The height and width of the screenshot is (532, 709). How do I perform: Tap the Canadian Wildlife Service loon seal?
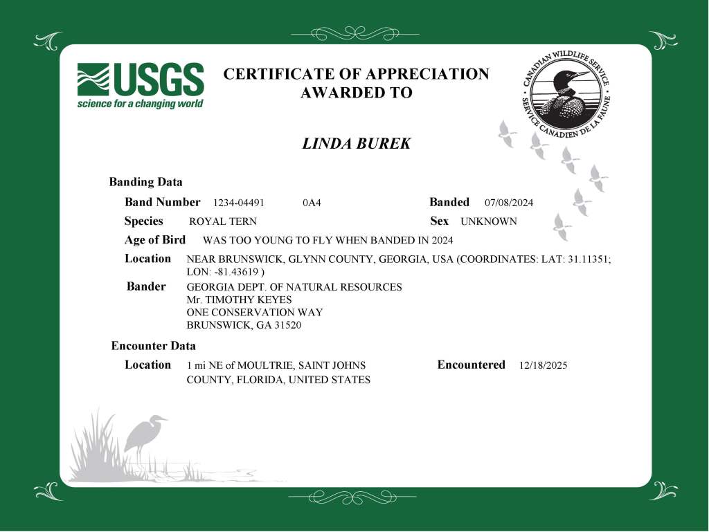tap(566, 95)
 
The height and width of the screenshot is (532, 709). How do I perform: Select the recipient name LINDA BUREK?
tap(357, 144)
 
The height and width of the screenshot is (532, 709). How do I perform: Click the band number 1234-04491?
tap(239, 203)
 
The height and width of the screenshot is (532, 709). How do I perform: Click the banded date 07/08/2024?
tap(509, 203)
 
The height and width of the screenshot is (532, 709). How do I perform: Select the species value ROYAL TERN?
tap(223, 222)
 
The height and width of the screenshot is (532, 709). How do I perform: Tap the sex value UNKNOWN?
tap(489, 222)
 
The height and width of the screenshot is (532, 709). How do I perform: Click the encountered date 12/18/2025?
tap(543, 365)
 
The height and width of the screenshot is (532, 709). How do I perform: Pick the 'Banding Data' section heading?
tap(146, 183)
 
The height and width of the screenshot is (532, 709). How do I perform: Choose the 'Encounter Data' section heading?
tap(154, 346)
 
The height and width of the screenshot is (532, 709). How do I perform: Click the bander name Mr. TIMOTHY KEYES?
tap(240, 300)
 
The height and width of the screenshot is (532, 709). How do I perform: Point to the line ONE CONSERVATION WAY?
tap(255, 312)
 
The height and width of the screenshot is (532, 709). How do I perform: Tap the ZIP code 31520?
tap(288, 325)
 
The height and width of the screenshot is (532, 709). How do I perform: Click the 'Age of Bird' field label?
tap(155, 240)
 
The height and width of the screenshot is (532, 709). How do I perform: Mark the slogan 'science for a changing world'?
tap(140, 104)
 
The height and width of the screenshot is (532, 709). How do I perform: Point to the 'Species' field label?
tap(144, 221)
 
